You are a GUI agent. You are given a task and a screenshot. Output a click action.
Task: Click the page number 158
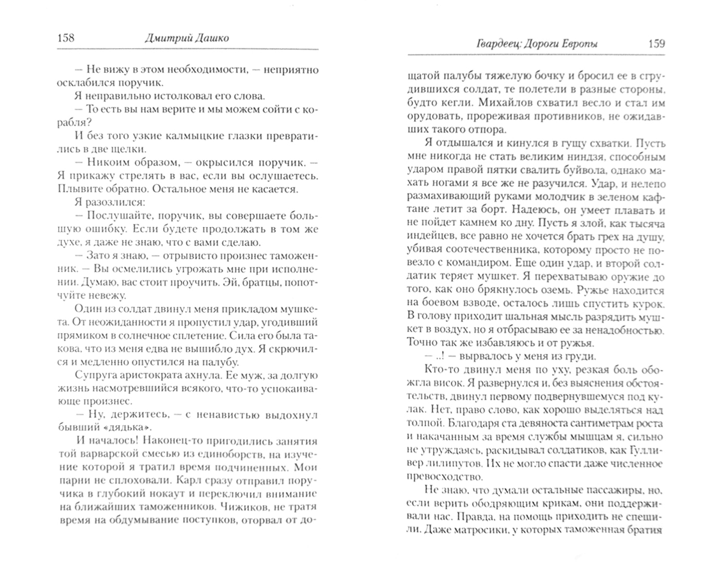66,38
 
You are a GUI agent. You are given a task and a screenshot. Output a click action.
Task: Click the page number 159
657,44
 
